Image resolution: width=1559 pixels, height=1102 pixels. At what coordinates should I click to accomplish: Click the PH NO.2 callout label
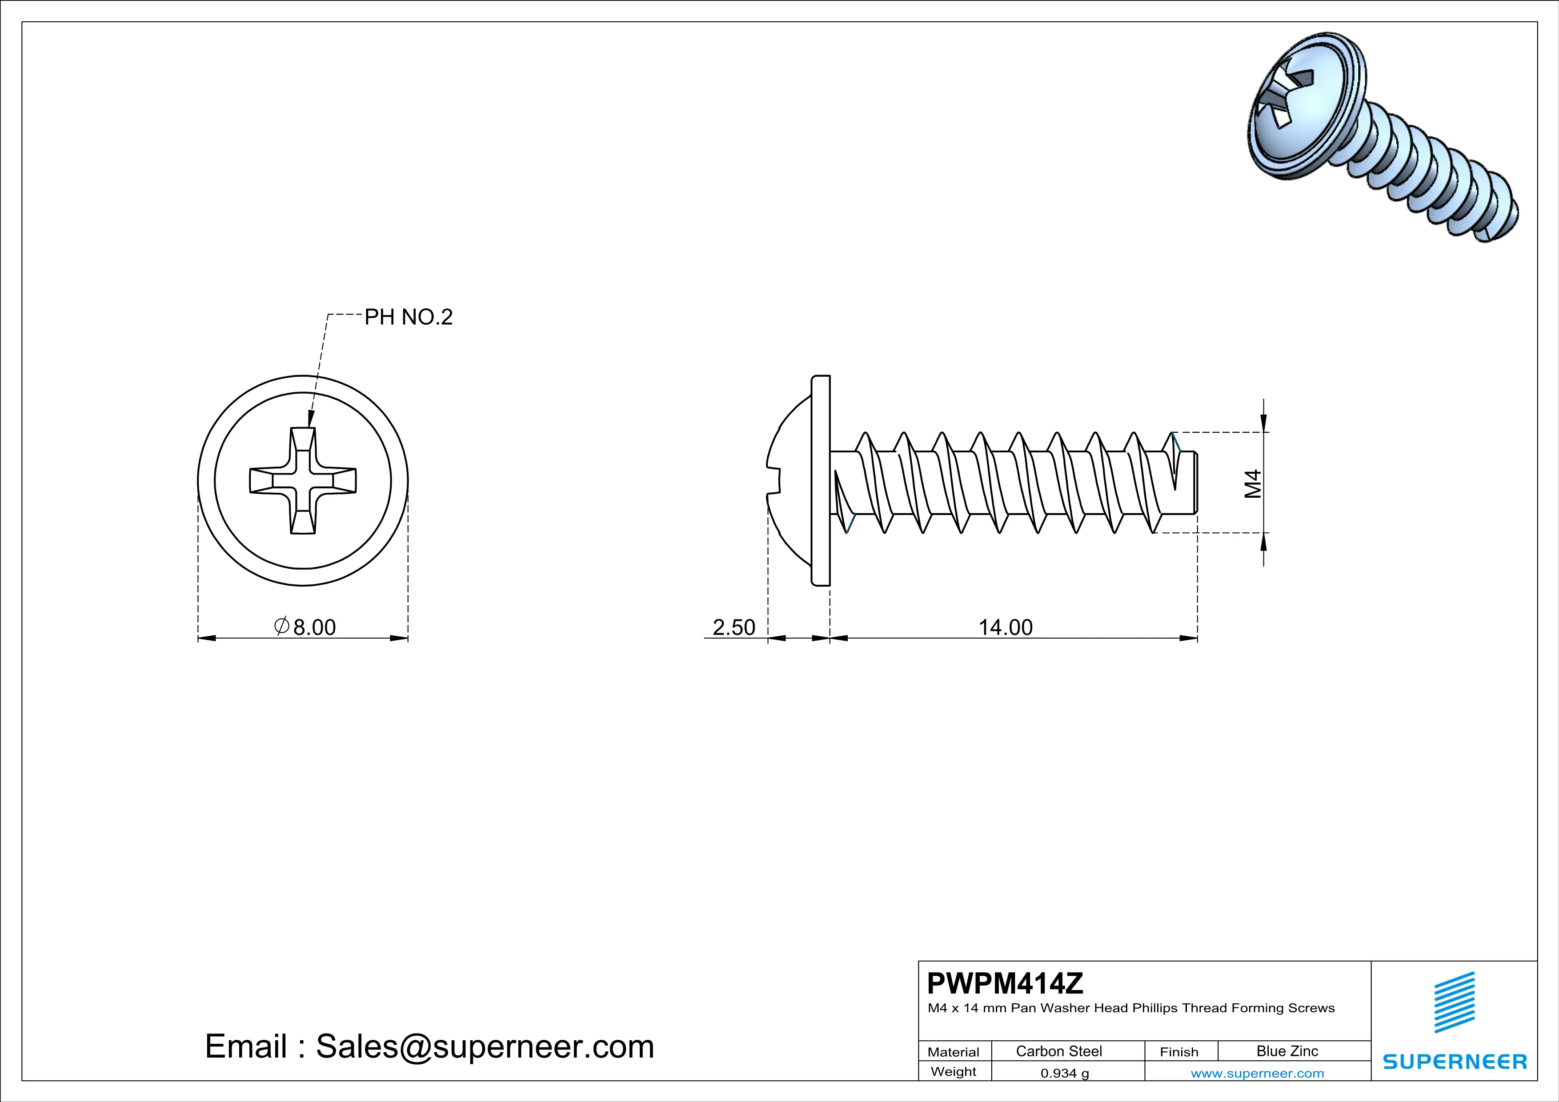pos(408,317)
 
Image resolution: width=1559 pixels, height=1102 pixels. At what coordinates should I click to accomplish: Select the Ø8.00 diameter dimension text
pos(305,627)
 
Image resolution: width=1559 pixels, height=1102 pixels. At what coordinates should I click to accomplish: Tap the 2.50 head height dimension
pos(733,627)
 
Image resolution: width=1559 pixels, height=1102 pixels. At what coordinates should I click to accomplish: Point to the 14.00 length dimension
pos(1005,627)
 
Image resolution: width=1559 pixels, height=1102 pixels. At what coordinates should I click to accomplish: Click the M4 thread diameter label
pos(1253,483)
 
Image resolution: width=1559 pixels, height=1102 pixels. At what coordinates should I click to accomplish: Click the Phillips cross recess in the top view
pos(303,480)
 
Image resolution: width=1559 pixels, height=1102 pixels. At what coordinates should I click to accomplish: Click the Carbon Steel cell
pos(1058,1051)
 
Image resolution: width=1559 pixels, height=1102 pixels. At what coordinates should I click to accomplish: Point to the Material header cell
pos(954,1052)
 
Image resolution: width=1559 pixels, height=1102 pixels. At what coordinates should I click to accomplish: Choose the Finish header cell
pos(1179,1052)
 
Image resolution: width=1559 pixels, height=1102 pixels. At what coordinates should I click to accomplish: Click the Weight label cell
pos(954,1071)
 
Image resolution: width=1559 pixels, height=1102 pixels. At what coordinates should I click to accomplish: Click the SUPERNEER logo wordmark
pos(1455,1061)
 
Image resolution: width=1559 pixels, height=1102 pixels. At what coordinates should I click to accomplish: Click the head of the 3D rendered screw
pos(1294,108)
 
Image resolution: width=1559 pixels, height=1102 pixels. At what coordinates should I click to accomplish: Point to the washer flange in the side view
pos(821,480)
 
